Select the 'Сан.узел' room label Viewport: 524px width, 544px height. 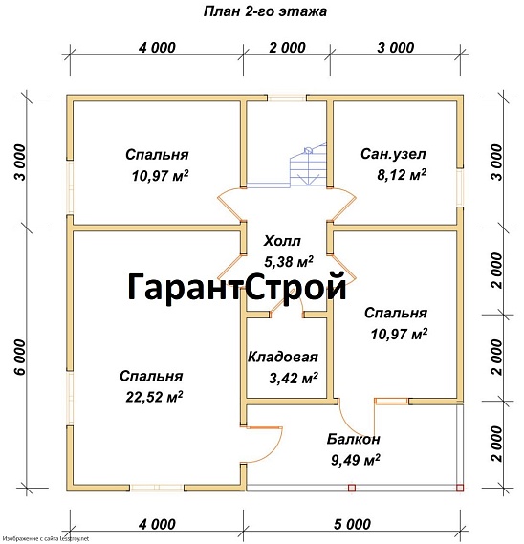pyautogui.click(x=393, y=154)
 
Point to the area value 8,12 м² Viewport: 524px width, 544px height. pyautogui.click(x=402, y=175)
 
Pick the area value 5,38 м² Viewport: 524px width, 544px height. pyautogui.click(x=289, y=261)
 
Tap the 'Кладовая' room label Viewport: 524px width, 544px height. pyautogui.click(x=282, y=357)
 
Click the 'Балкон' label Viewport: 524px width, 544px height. pyautogui.click(x=353, y=439)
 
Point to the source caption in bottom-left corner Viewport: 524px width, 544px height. pyautogui.click(x=59, y=538)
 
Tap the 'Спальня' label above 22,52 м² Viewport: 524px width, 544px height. pyautogui.click(x=151, y=376)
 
